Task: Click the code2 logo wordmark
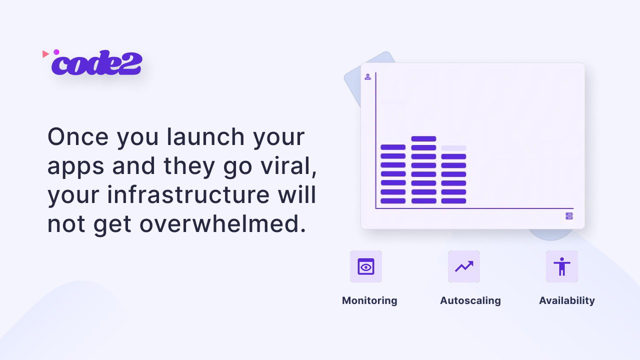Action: [x=96, y=63]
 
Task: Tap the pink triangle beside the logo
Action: [x=45, y=53]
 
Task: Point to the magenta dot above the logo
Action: [x=56, y=52]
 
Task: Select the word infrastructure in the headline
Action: [x=188, y=195]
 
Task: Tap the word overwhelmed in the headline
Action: [x=222, y=224]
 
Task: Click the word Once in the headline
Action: [x=78, y=137]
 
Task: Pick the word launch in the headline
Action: [x=205, y=137]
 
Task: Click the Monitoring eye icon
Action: [x=366, y=266]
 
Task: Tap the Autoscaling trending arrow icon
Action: [x=464, y=266]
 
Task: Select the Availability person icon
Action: [x=562, y=266]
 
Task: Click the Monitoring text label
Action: [x=369, y=300]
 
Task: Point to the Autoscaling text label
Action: [x=470, y=300]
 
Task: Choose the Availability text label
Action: [x=567, y=300]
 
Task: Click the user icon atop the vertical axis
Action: [x=367, y=77]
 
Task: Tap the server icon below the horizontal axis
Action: [x=569, y=216]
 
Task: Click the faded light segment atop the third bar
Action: [x=453, y=148]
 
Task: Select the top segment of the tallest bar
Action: [x=423, y=139]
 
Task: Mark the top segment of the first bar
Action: [x=393, y=147]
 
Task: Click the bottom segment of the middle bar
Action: [x=423, y=201]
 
